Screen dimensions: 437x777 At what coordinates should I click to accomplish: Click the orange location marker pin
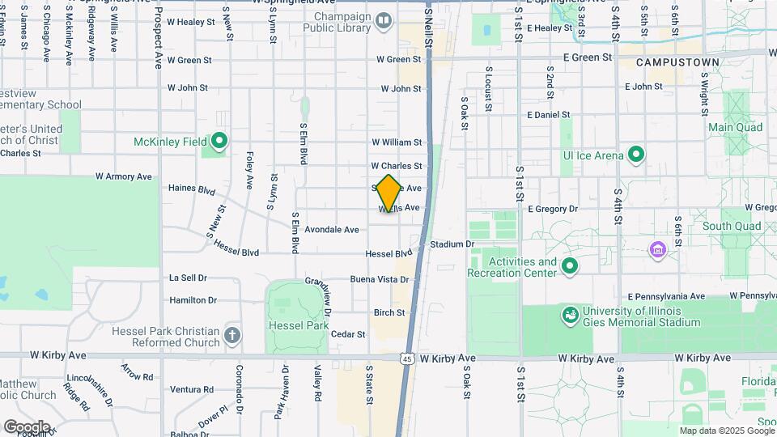(388, 193)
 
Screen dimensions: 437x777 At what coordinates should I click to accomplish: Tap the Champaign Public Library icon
(384, 20)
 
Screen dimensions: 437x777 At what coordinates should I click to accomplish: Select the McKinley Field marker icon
(219, 142)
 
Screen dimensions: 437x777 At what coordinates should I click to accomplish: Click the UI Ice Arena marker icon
(636, 154)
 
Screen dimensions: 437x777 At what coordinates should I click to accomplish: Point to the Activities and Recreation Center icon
(570, 265)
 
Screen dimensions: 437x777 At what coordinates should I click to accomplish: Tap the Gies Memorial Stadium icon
(569, 313)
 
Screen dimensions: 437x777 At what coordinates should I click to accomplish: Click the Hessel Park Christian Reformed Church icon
(232, 334)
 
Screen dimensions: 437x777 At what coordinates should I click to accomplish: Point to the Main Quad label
(735, 127)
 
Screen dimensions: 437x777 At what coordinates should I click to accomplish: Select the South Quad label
(729, 227)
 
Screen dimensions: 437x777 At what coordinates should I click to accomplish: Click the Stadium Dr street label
(452, 244)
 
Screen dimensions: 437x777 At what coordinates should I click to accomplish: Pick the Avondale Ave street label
(331, 229)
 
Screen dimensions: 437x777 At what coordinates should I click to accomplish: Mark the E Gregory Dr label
(553, 208)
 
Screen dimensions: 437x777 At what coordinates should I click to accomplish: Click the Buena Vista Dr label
(379, 279)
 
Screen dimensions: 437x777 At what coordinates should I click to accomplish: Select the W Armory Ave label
(123, 176)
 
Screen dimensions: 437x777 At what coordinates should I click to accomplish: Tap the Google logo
(27, 426)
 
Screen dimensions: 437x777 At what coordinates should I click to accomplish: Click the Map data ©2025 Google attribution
(726, 431)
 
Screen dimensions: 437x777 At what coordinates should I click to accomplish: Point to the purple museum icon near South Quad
(658, 248)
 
